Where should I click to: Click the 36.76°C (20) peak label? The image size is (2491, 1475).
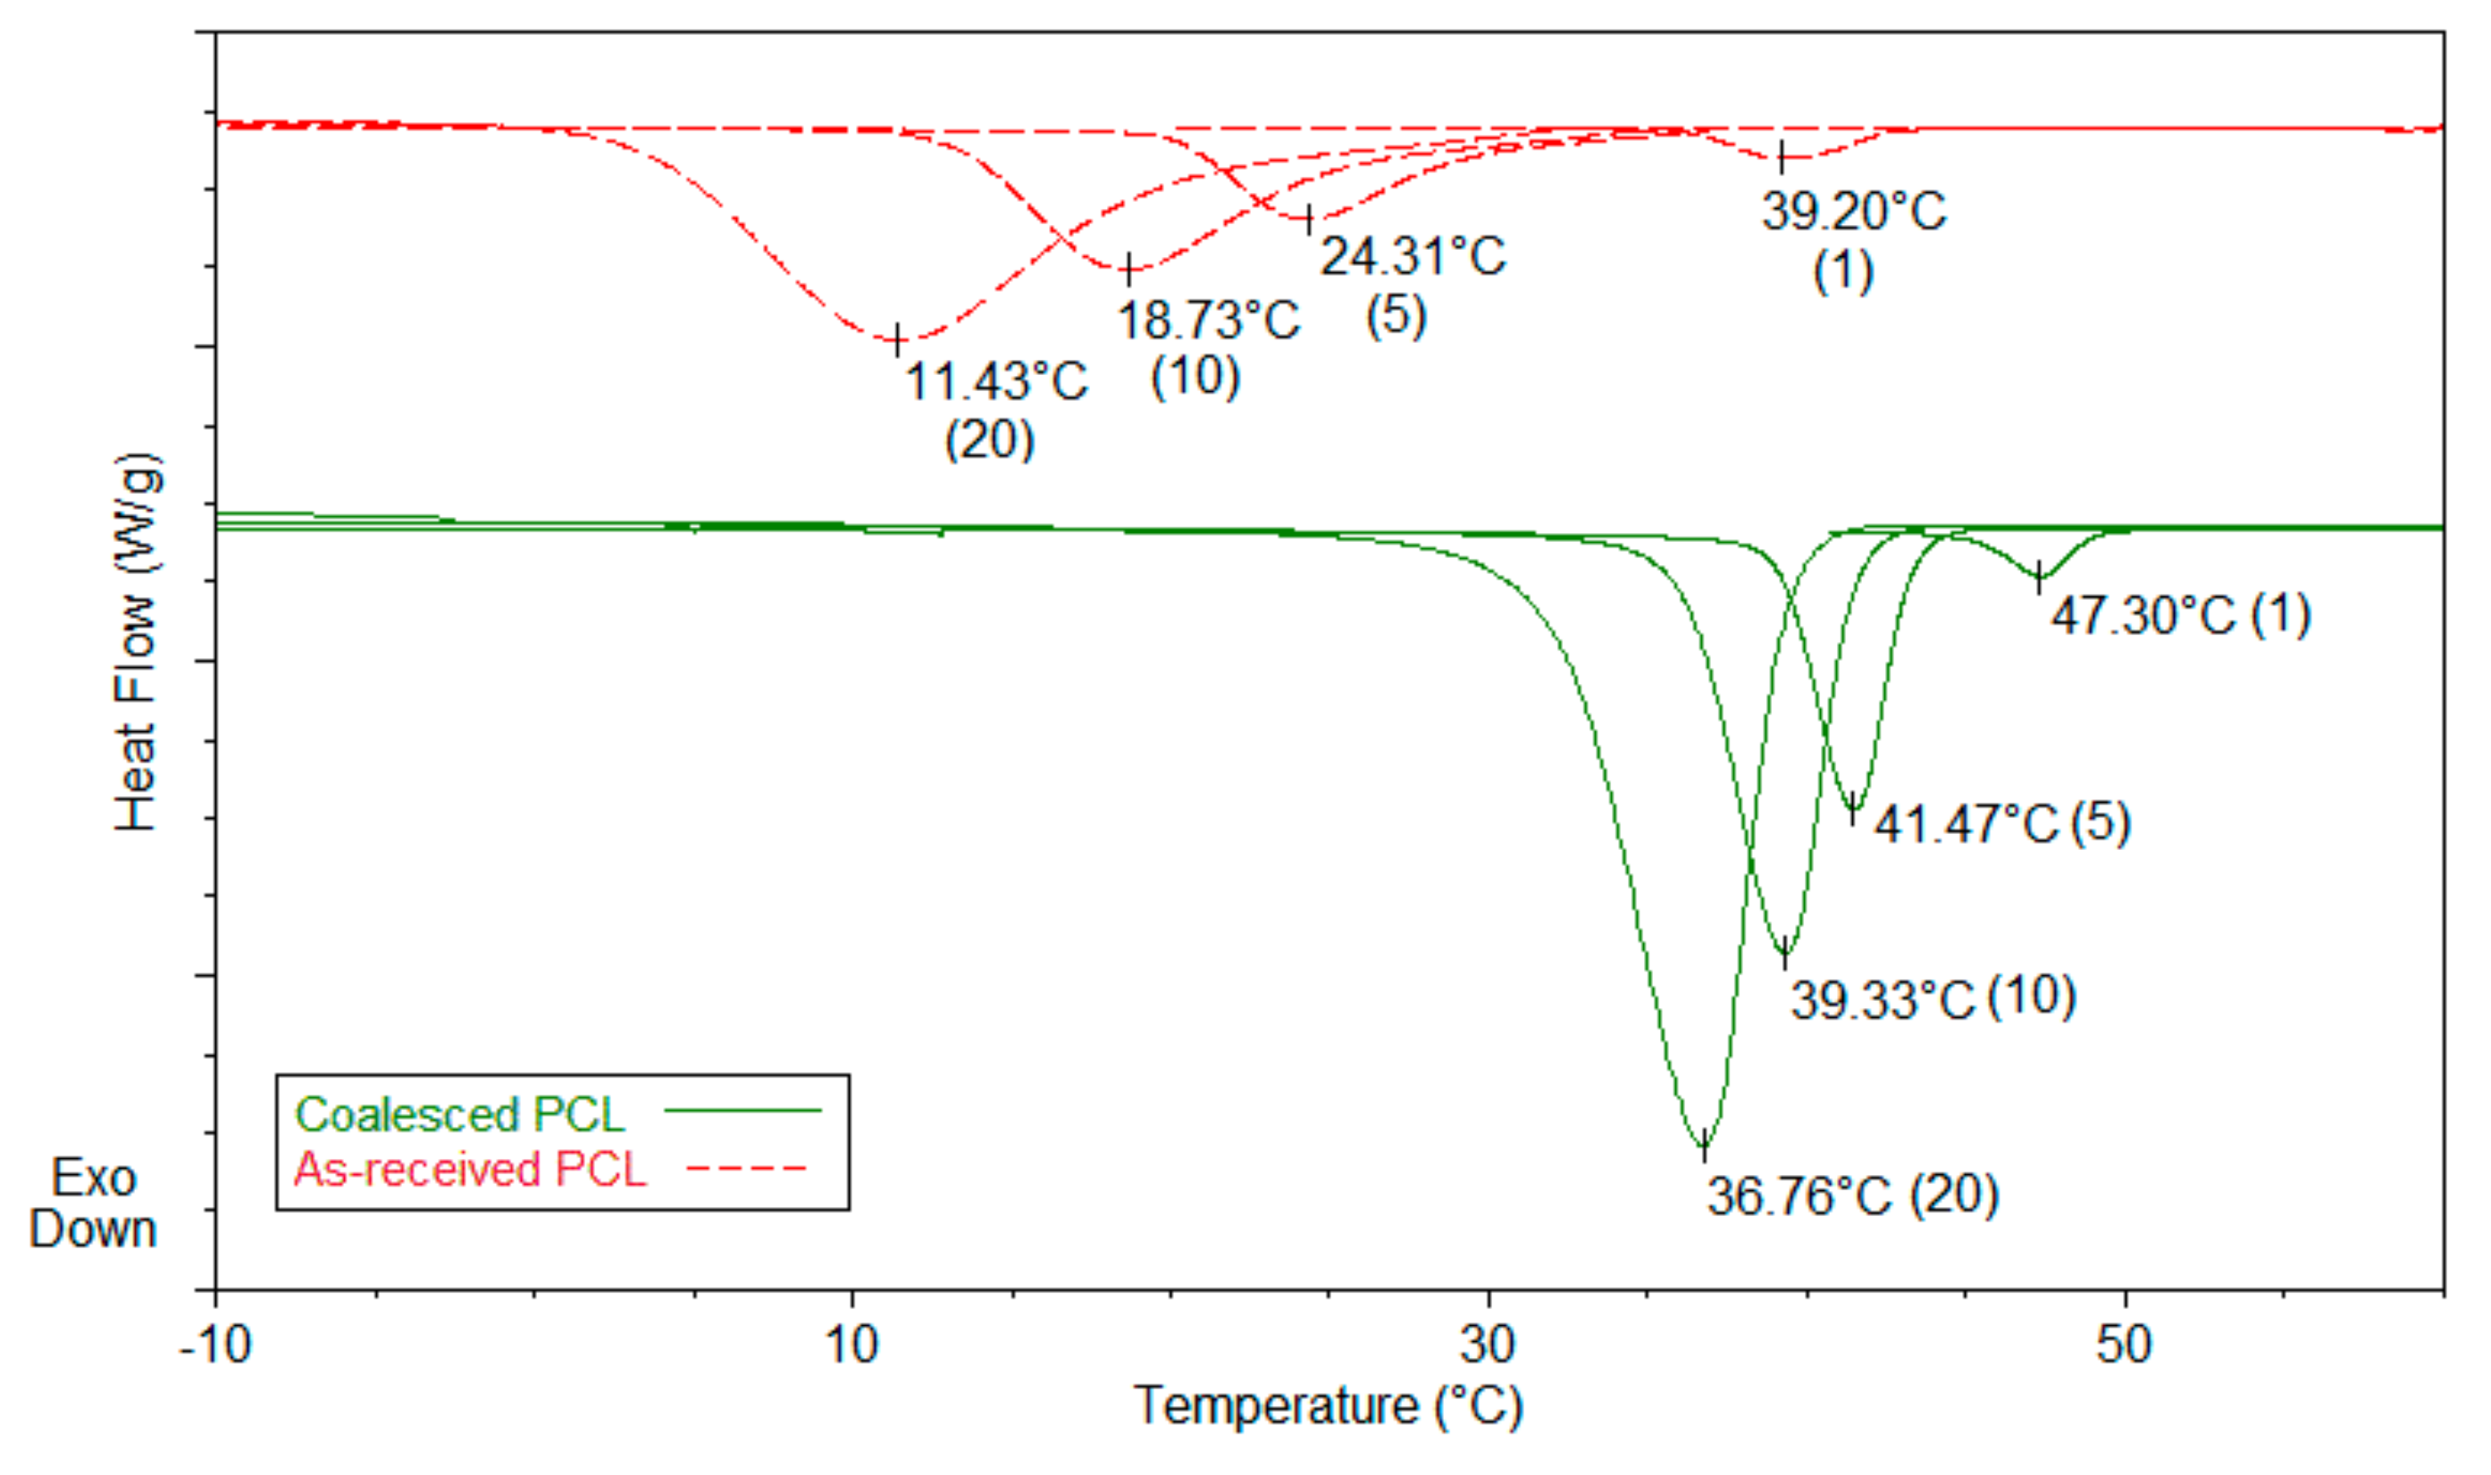(1852, 1195)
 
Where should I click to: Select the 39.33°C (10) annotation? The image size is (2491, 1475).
(1933, 998)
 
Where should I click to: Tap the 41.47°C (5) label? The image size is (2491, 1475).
(2001, 823)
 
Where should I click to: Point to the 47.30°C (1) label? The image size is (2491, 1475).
(2181, 614)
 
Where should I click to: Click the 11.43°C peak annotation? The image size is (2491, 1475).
(996, 381)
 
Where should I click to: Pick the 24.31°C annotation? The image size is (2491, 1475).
(1412, 256)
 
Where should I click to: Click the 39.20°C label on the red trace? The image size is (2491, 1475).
(1854, 212)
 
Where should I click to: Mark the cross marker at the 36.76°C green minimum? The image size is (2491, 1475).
(1705, 1145)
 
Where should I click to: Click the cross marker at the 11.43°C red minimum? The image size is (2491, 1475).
(898, 339)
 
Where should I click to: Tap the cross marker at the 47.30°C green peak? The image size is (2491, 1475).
(2040, 576)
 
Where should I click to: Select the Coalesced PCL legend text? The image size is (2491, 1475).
(459, 1114)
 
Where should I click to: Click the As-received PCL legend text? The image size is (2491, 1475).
(469, 1169)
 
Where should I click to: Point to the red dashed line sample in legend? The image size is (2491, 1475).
(746, 1167)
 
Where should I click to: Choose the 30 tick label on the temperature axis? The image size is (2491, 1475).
(1488, 1344)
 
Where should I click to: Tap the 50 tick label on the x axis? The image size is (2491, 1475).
(2124, 1344)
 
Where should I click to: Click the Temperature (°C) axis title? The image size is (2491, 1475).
(1328, 1405)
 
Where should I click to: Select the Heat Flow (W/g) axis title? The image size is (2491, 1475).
(138, 642)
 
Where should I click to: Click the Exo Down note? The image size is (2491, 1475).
(93, 1204)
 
